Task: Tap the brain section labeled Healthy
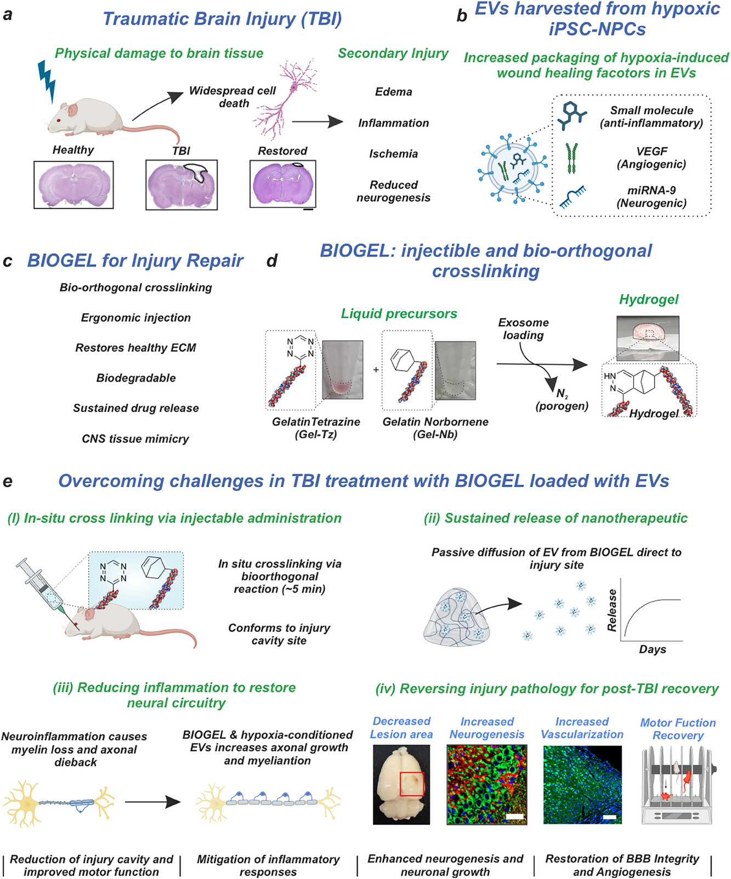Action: coord(73,185)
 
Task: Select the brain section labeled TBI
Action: coord(181,185)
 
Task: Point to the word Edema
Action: coord(393,92)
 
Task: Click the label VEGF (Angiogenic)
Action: coord(651,157)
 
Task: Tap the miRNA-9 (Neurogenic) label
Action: coord(651,196)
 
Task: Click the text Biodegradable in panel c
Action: coord(136,378)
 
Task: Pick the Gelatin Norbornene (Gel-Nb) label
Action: coord(435,428)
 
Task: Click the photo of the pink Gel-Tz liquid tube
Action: coord(342,370)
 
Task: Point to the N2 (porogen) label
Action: coord(562,400)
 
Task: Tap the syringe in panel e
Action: coord(44,587)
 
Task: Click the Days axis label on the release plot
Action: coord(652,649)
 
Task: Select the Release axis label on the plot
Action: coord(612,610)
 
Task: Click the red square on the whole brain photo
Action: coord(412,784)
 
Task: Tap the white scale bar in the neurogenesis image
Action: coord(514,816)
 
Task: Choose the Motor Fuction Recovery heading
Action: coord(678,729)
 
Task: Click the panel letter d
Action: coord(272,260)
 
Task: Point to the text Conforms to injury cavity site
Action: coord(279,634)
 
